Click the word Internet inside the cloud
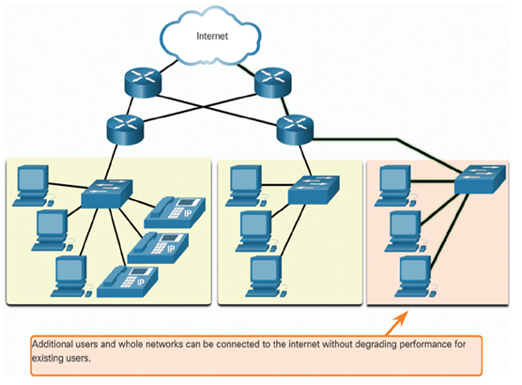coord(212,36)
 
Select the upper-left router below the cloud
coord(143,83)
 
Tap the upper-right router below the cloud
coord(272,83)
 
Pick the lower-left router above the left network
coord(125,130)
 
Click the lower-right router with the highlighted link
coord(295,130)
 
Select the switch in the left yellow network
coord(107,193)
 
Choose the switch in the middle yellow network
coord(314,190)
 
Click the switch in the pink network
coord(480,180)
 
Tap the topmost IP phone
coord(175,212)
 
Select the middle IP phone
coord(158,248)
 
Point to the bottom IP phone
coord(128,282)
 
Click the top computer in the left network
coord(33,186)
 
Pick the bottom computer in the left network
coord(71,276)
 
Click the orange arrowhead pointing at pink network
coord(402,317)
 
